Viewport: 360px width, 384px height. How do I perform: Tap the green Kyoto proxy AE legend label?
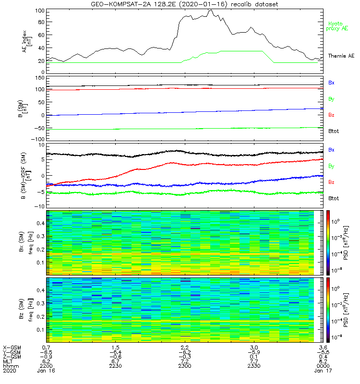pyautogui.click(x=337, y=26)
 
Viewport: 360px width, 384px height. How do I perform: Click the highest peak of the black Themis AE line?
pyautogui.click(x=210, y=10)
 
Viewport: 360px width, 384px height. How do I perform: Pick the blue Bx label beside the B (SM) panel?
pyautogui.click(x=331, y=83)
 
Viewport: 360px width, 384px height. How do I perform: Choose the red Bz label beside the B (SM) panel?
pyautogui.click(x=331, y=116)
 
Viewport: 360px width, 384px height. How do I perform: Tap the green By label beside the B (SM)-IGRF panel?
pyautogui.click(x=331, y=166)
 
